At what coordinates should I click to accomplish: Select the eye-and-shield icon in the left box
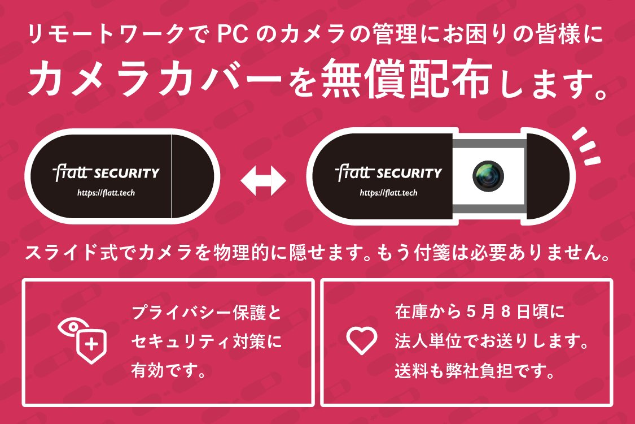pos(81,340)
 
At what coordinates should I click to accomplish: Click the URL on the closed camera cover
pos(106,193)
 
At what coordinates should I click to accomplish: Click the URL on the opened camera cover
pos(389,193)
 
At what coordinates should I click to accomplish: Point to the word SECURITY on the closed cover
pos(128,172)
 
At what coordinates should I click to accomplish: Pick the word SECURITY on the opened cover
pos(410,172)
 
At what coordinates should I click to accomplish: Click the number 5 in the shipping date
pos(472,311)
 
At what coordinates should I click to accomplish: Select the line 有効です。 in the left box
pos(168,371)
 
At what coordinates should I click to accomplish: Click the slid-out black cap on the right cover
pos(548,175)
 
